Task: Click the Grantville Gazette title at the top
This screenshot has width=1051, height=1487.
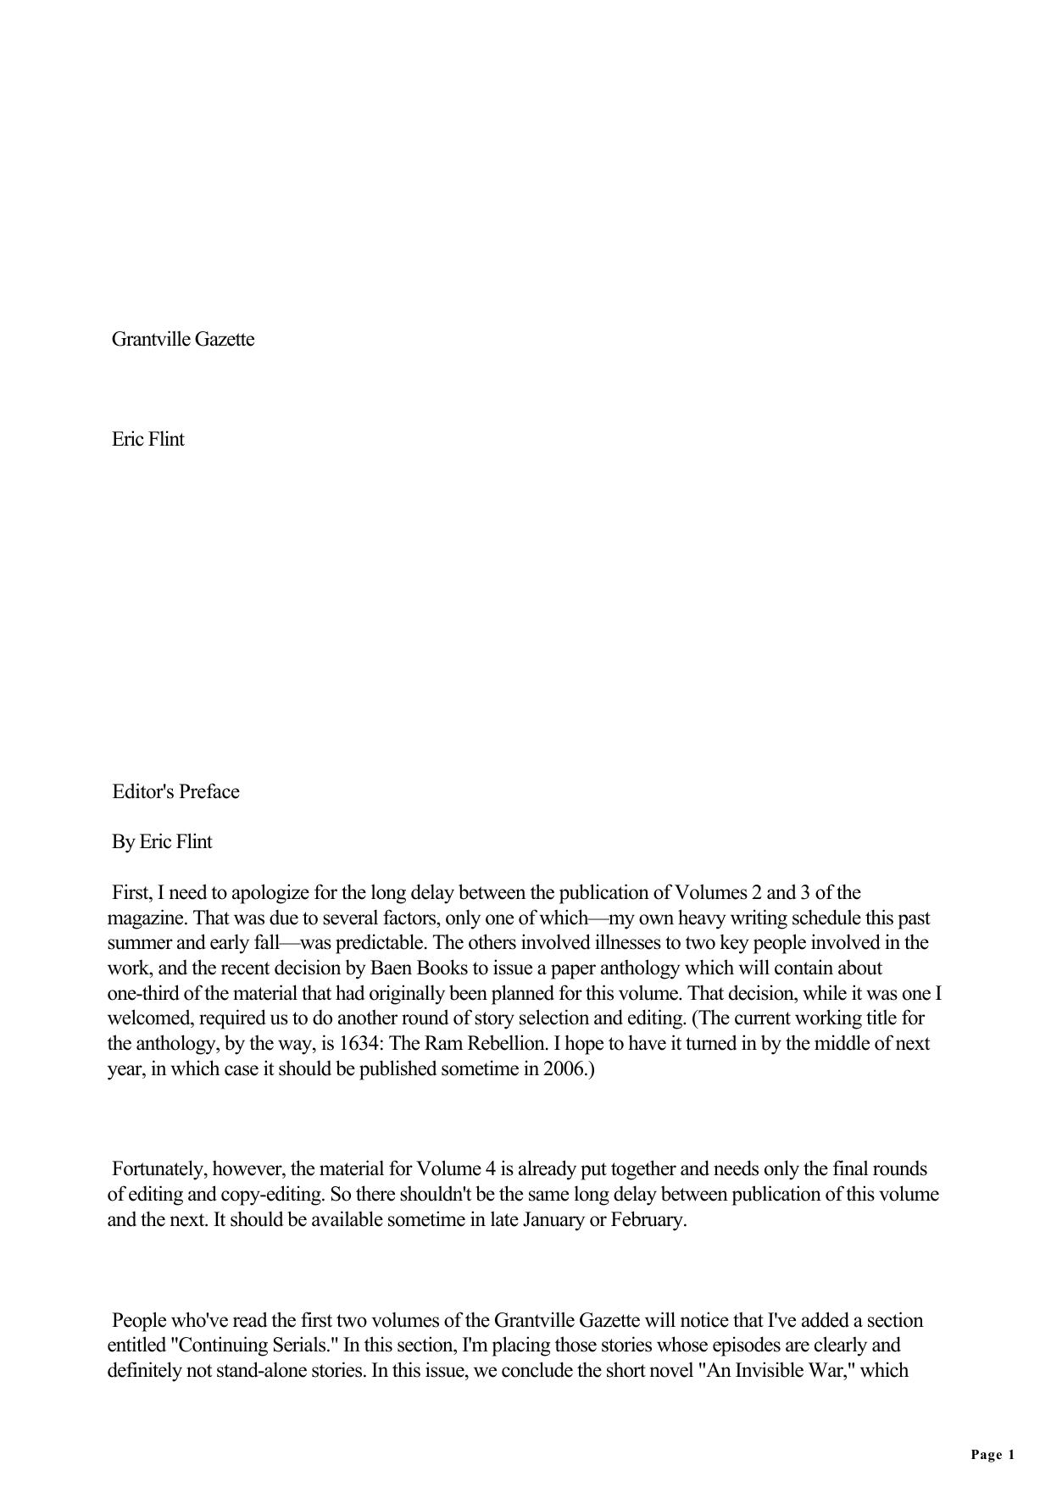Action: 183,340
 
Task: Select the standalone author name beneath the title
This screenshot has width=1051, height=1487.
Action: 148,440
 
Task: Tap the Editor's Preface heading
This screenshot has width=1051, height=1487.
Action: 176,792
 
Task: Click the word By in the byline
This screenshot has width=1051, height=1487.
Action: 124,842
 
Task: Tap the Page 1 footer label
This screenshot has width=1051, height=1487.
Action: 993,1456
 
